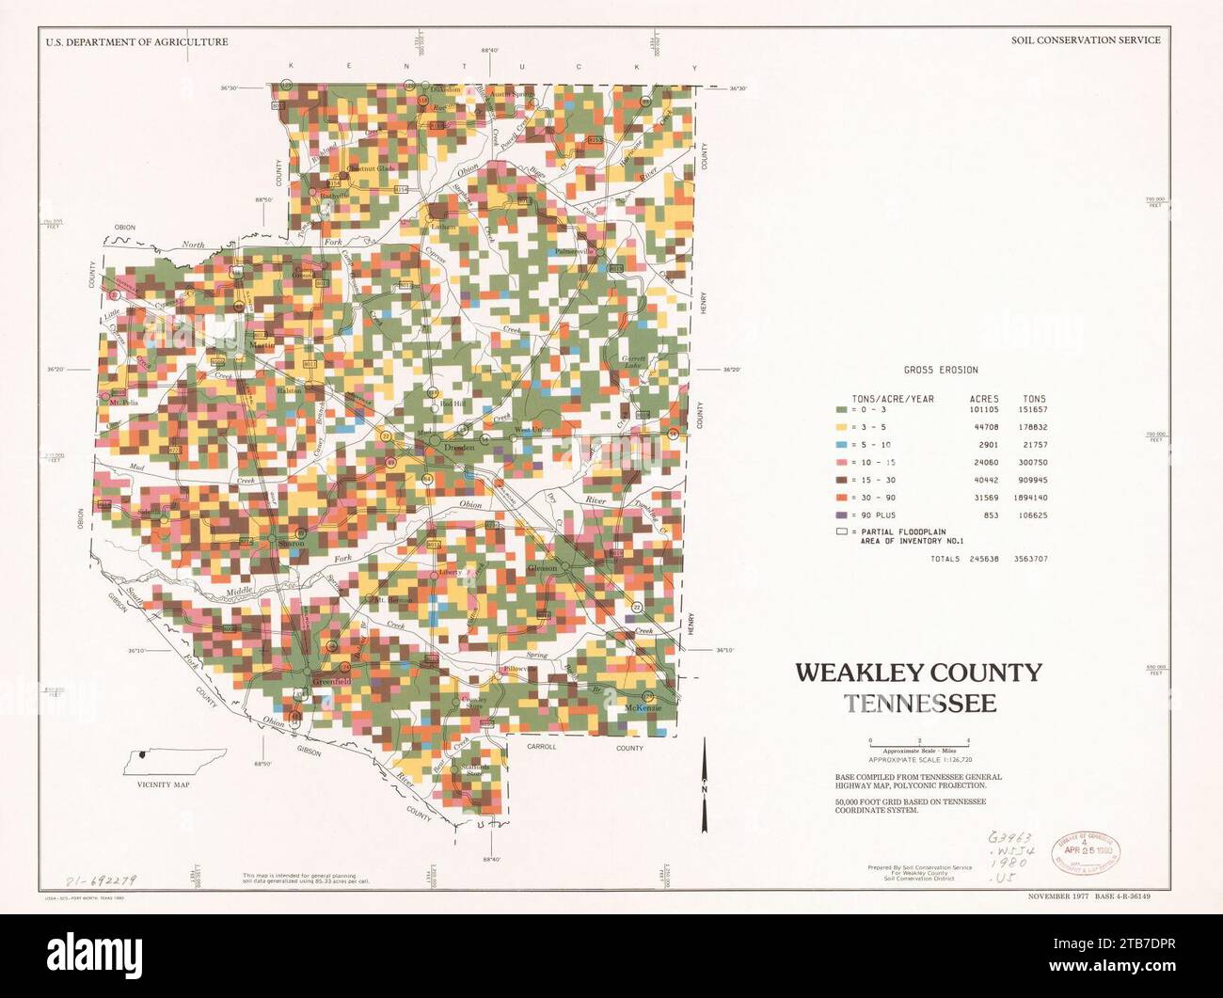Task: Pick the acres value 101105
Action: click(983, 410)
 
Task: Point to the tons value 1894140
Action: click(1031, 498)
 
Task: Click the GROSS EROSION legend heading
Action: click(941, 371)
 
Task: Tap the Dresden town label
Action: click(460, 449)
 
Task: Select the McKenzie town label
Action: click(643, 707)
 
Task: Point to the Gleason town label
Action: click(542, 568)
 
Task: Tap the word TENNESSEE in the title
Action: click(919, 704)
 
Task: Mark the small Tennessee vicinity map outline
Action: click(176, 758)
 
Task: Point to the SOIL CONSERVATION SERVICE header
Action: click(1085, 40)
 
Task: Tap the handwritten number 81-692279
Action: click(101, 880)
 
